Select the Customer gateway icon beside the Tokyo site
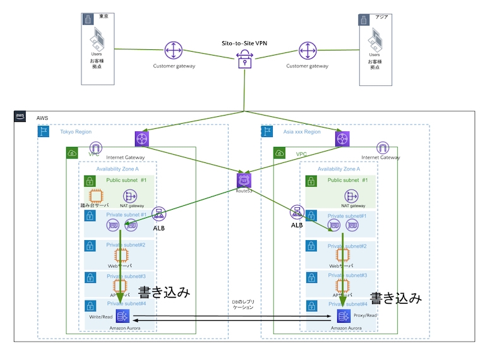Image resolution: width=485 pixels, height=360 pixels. coord(174,51)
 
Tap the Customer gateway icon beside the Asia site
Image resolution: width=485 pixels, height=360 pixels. coord(308,51)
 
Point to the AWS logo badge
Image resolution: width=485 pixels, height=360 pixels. coord(21,117)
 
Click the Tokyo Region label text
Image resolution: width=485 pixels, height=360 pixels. coord(77,132)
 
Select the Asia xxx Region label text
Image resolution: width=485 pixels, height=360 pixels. coord(302,132)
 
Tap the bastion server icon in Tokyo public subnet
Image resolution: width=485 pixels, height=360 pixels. coord(95,196)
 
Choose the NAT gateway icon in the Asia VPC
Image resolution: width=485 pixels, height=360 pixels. coord(353,196)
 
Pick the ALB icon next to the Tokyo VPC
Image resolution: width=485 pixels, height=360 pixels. coord(159,213)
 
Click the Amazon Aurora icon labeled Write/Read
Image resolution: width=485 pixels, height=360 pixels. coord(124,316)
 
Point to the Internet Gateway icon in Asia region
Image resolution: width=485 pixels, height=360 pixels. coord(382,148)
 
